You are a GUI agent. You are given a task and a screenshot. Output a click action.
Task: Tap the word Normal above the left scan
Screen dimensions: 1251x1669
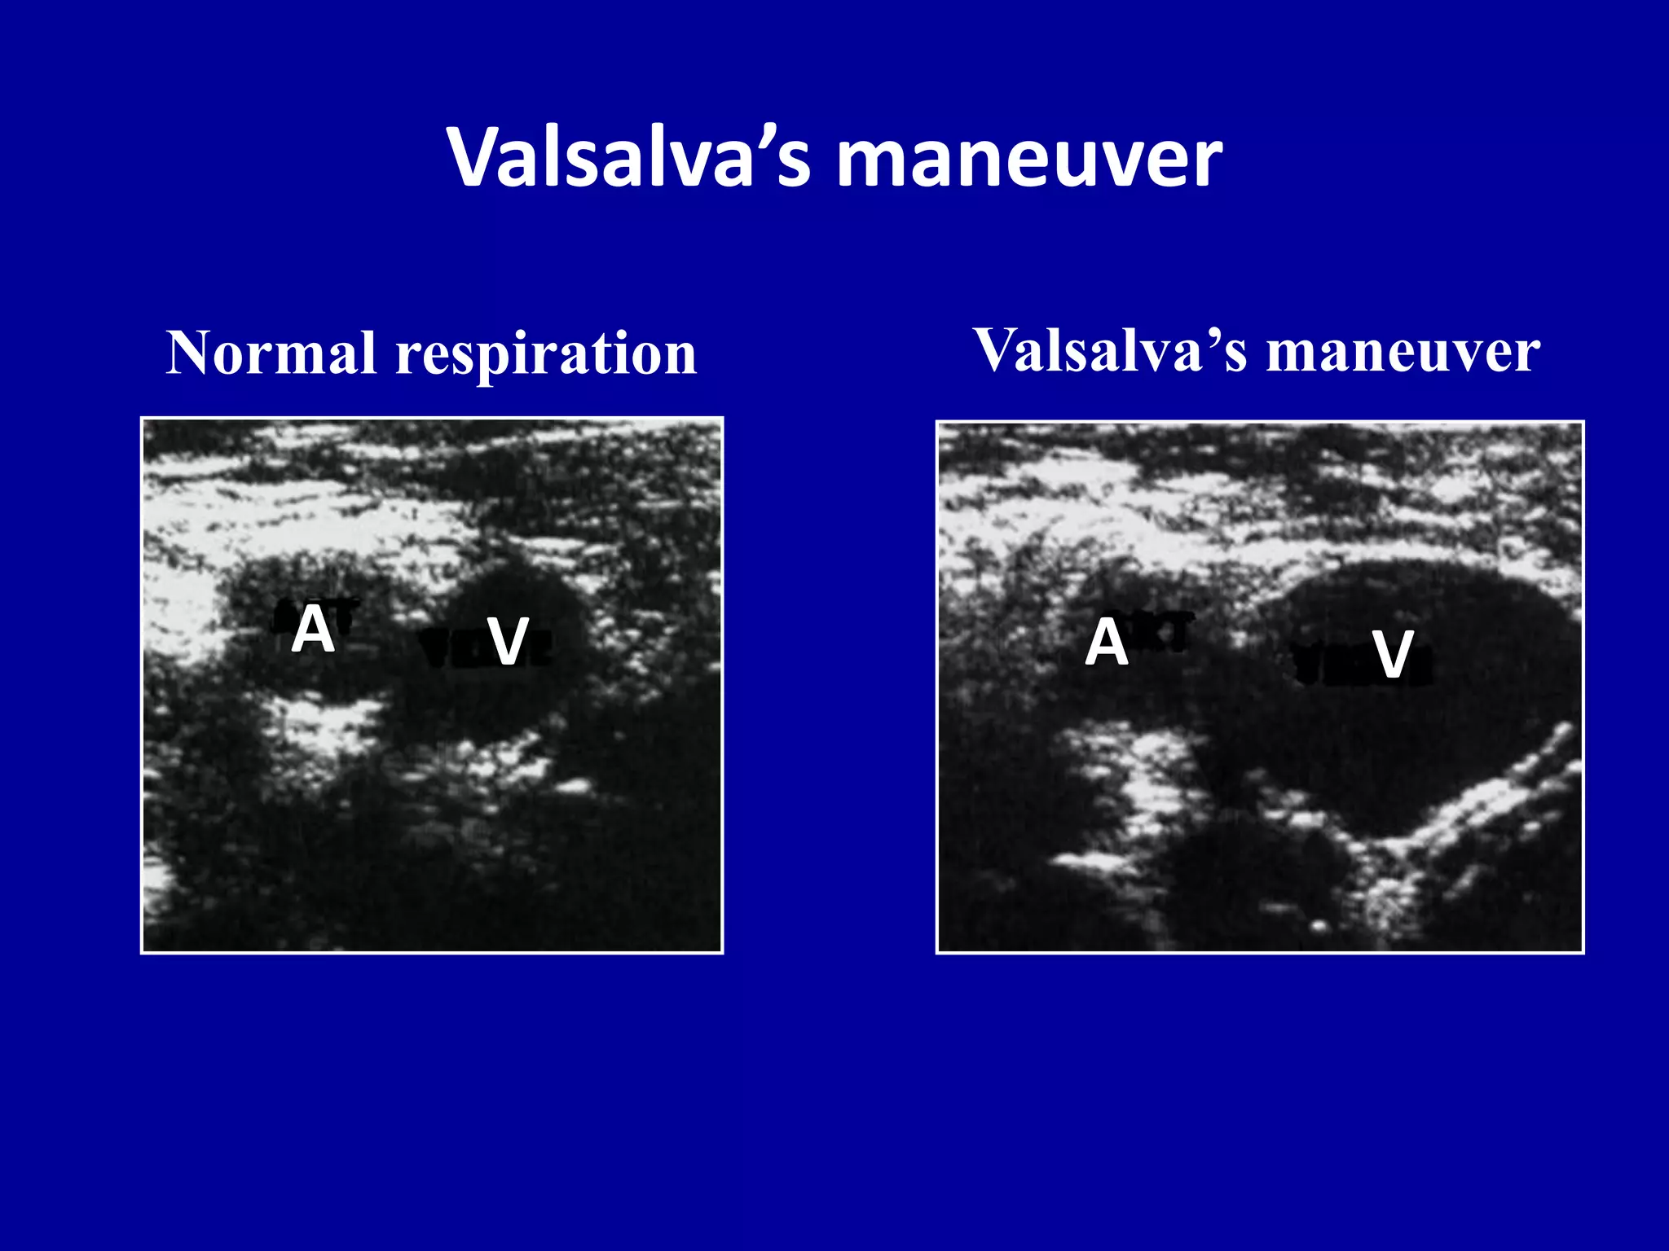(x=271, y=353)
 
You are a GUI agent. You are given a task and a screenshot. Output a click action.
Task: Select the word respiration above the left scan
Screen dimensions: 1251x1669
(x=546, y=355)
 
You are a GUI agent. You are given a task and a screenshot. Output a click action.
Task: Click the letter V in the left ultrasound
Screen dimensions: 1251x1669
(x=508, y=642)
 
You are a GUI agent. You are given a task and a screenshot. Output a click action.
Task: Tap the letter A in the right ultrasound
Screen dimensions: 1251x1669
(x=1106, y=643)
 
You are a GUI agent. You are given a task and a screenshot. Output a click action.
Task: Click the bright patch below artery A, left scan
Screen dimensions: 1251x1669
(x=326, y=725)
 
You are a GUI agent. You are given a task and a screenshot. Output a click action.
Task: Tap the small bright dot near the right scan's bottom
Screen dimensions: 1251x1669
(x=1318, y=926)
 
